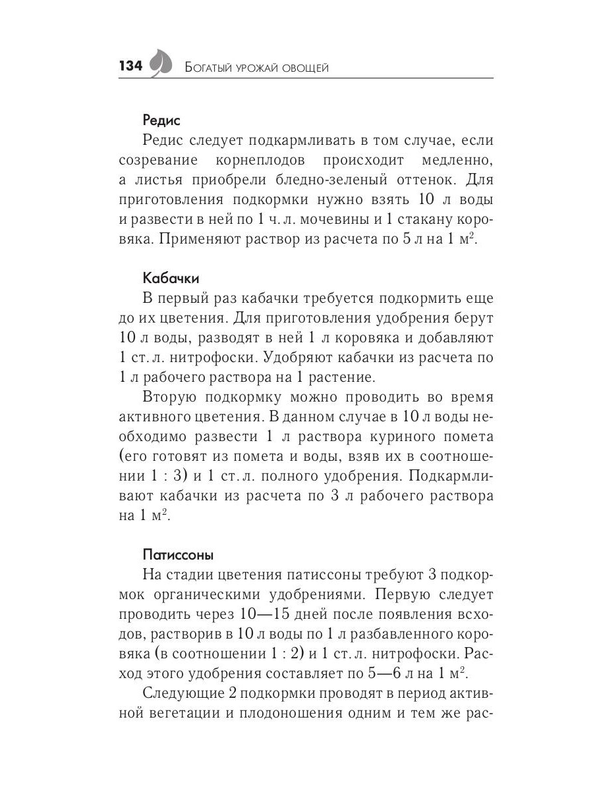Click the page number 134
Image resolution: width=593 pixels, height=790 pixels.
pos(130,66)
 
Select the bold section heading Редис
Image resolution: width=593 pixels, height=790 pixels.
pos(161,120)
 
